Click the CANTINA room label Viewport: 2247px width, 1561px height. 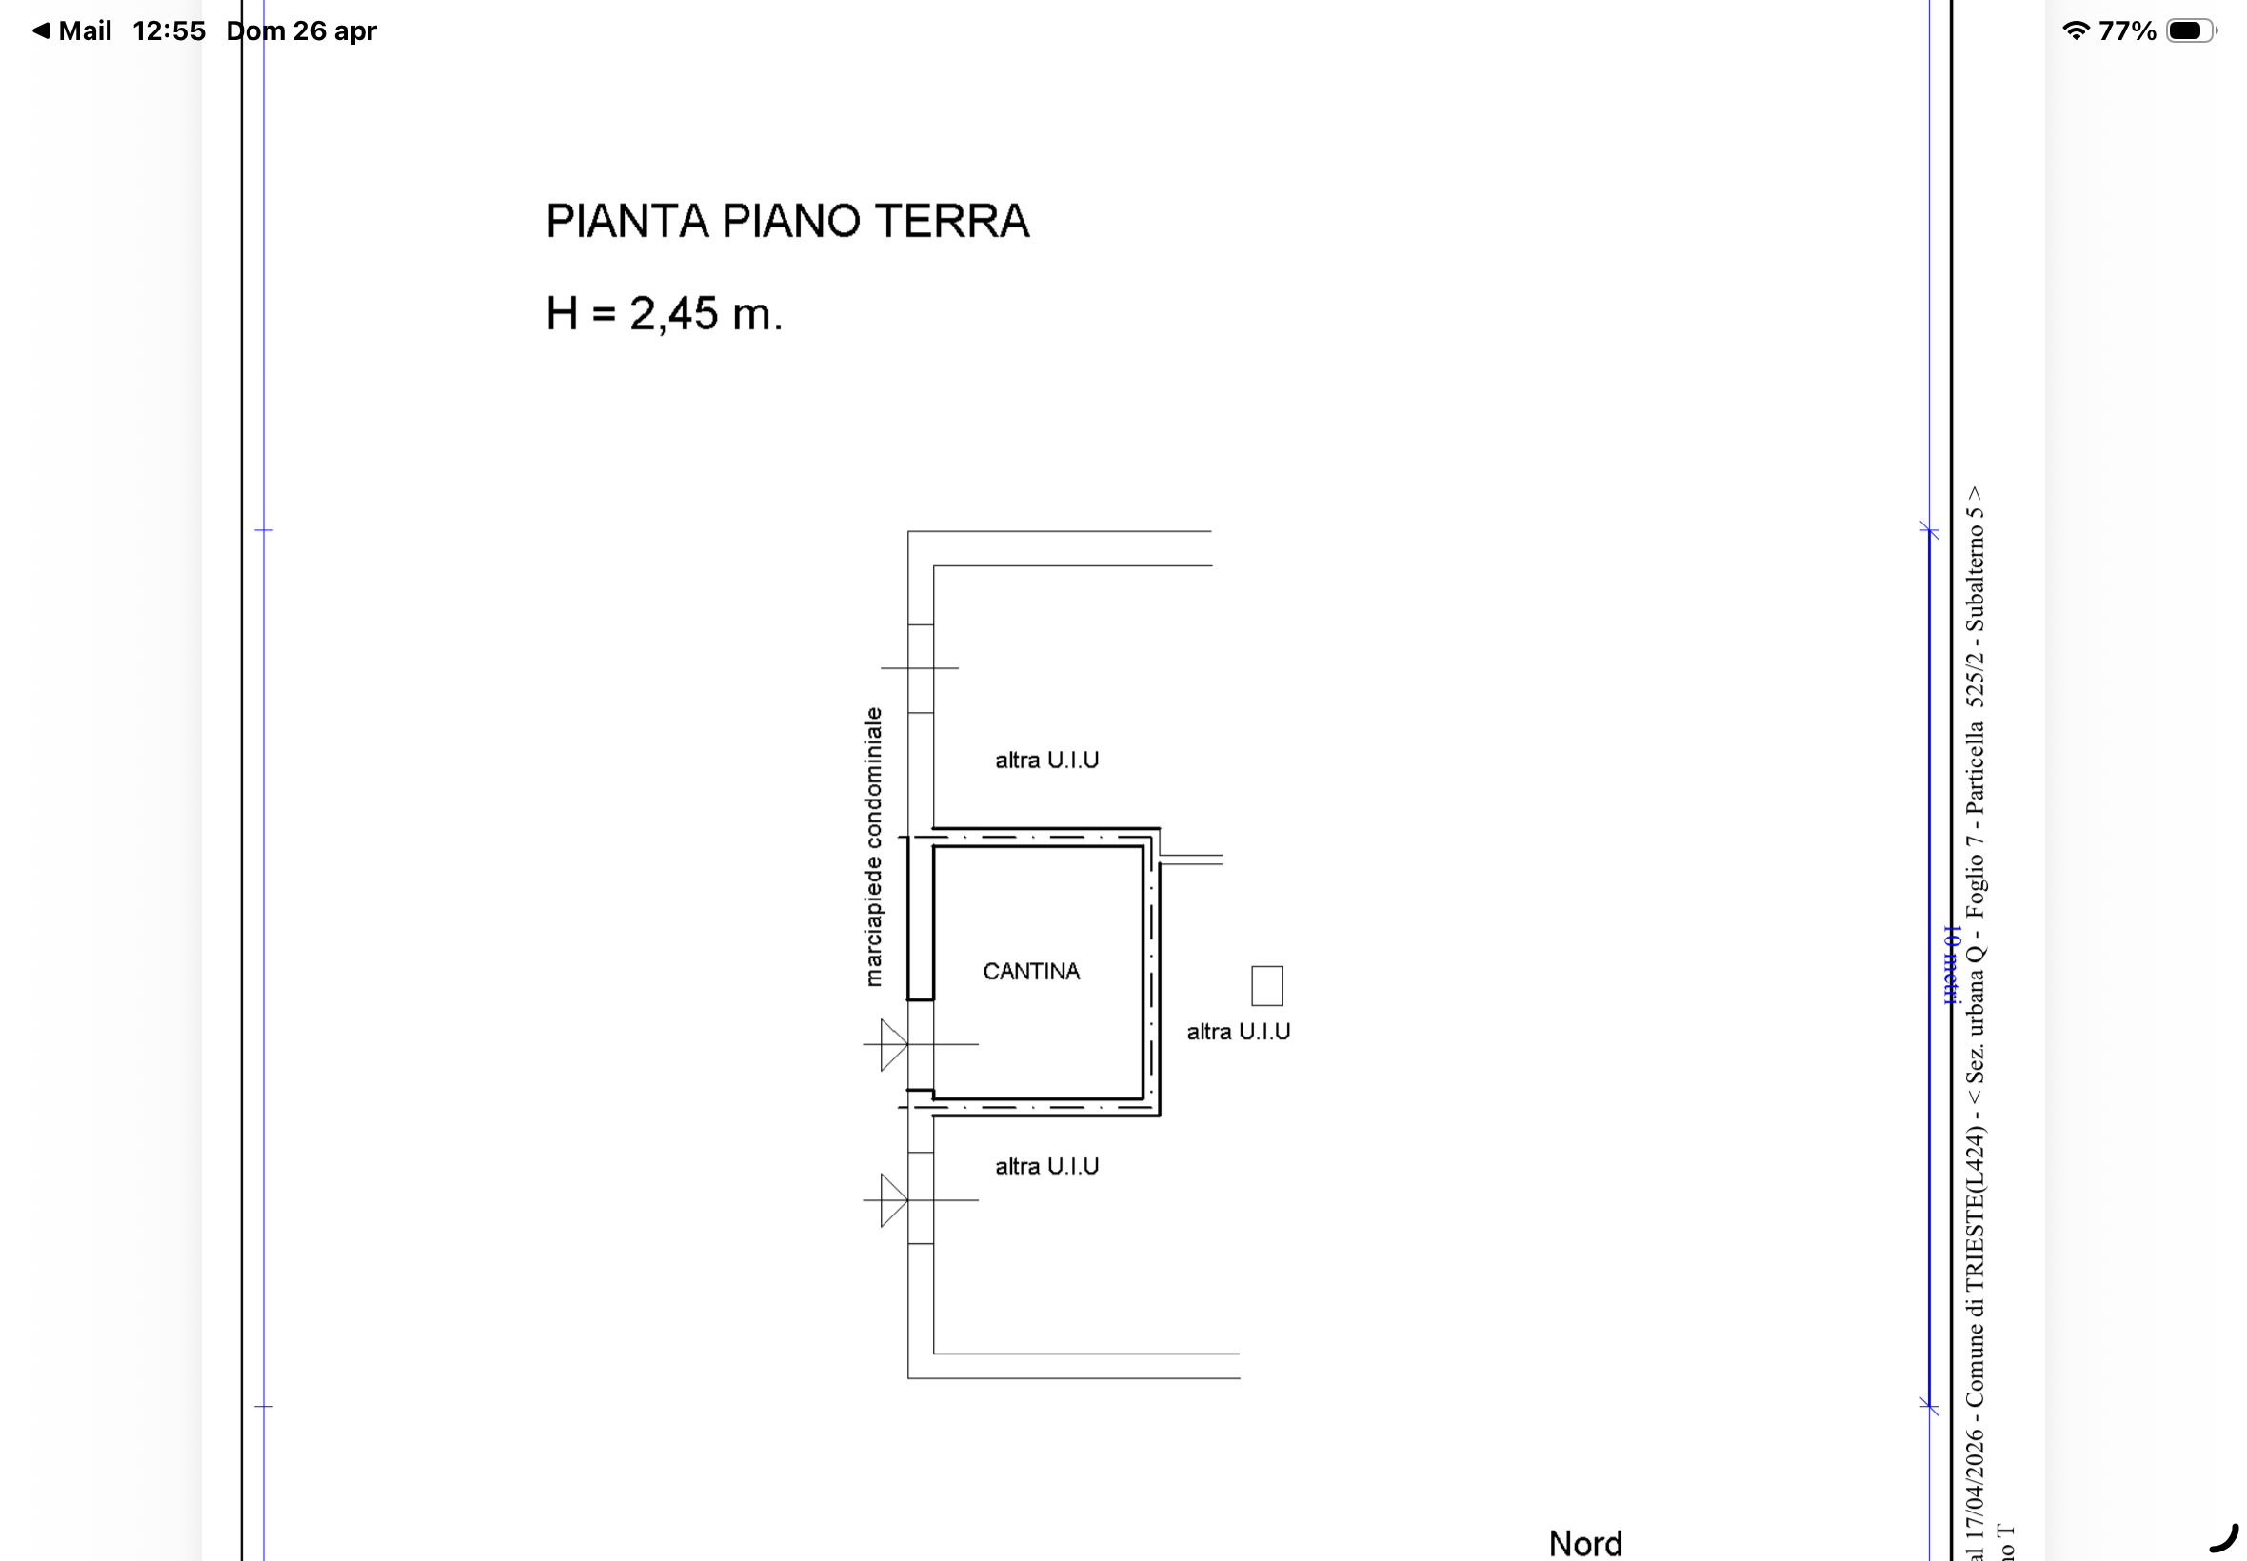1031,971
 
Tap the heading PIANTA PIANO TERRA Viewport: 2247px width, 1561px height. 787,221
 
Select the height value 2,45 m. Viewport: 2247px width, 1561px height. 706,314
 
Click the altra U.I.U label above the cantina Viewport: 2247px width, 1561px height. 1046,760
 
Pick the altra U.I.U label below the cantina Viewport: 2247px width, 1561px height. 1046,1166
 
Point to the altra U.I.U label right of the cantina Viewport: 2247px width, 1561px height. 1239,1031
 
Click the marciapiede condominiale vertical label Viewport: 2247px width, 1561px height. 872,847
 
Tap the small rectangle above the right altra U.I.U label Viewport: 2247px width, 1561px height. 1267,986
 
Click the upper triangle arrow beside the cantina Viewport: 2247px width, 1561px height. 893,1044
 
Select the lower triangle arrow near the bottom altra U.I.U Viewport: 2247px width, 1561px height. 893,1200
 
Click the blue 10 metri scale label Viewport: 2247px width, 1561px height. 1951,964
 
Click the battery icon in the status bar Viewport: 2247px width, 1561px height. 2190,31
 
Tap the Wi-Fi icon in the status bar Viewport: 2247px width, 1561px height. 2075,31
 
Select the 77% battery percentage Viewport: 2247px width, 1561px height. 2127,31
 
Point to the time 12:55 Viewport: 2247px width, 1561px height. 169,31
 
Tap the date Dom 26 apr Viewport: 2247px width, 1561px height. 301,31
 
